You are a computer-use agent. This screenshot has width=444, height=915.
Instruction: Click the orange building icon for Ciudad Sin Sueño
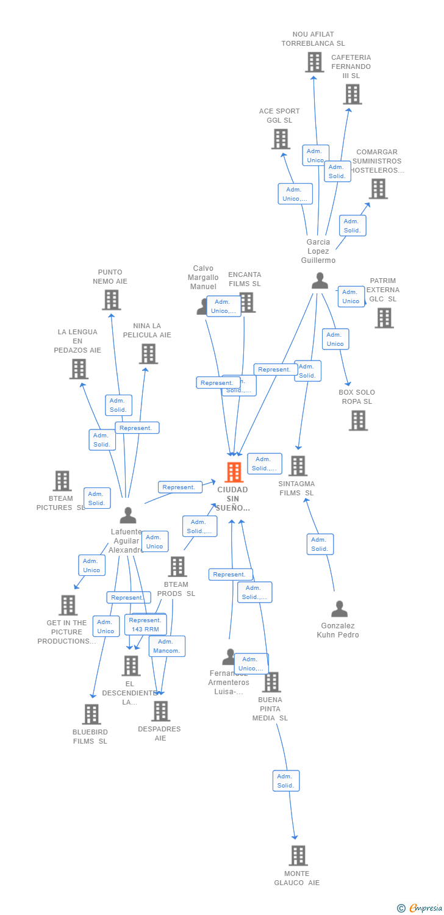coord(234,472)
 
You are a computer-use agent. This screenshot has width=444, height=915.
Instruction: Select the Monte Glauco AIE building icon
coord(298,855)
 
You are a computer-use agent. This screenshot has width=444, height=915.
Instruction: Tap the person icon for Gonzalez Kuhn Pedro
coord(339,609)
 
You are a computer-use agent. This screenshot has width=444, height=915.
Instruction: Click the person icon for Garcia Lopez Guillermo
coord(320,281)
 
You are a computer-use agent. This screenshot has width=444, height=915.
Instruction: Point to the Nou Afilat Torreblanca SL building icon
coord(314,62)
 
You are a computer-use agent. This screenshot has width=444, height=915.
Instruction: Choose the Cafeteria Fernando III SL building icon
coord(352,94)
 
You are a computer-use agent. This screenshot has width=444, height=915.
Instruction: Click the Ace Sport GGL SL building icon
coord(281,139)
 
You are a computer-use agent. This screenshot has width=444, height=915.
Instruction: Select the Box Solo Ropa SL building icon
coord(358,420)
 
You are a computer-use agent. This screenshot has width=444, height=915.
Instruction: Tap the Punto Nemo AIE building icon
coord(111,300)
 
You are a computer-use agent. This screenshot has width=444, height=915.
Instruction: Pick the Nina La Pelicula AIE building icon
coord(148,354)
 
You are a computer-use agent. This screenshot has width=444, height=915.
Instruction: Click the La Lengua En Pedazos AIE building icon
coord(79,369)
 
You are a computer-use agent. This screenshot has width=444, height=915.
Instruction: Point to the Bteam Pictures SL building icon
coord(62,481)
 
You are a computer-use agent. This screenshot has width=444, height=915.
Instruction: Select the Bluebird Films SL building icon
coord(91,714)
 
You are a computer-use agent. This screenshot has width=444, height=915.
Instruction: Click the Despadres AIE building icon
coord(160,711)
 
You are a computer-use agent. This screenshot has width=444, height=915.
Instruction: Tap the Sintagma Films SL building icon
coord(298,466)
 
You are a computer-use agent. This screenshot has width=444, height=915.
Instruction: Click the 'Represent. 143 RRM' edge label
coord(145,625)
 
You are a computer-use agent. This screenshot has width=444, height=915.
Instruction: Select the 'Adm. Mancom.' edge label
coord(167,646)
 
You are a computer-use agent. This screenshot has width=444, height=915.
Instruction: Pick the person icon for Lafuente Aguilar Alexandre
coord(128,515)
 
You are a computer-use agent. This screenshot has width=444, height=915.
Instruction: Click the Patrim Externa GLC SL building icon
coord(384,318)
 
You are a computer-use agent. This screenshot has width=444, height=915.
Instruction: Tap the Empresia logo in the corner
coord(421,908)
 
